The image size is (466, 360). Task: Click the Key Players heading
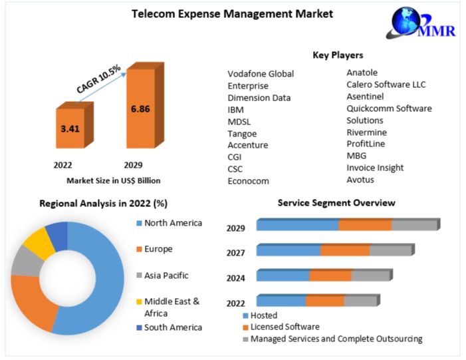(338, 55)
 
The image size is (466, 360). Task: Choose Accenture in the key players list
(247, 145)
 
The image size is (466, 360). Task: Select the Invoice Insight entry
(375, 168)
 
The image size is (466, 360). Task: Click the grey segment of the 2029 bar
(414, 225)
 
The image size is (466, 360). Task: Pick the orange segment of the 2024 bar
(330, 275)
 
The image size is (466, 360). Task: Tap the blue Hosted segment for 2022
(281, 301)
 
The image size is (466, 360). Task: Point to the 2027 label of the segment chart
(235, 253)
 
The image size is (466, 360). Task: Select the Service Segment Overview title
(336, 202)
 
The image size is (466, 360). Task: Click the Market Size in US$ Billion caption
(113, 180)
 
